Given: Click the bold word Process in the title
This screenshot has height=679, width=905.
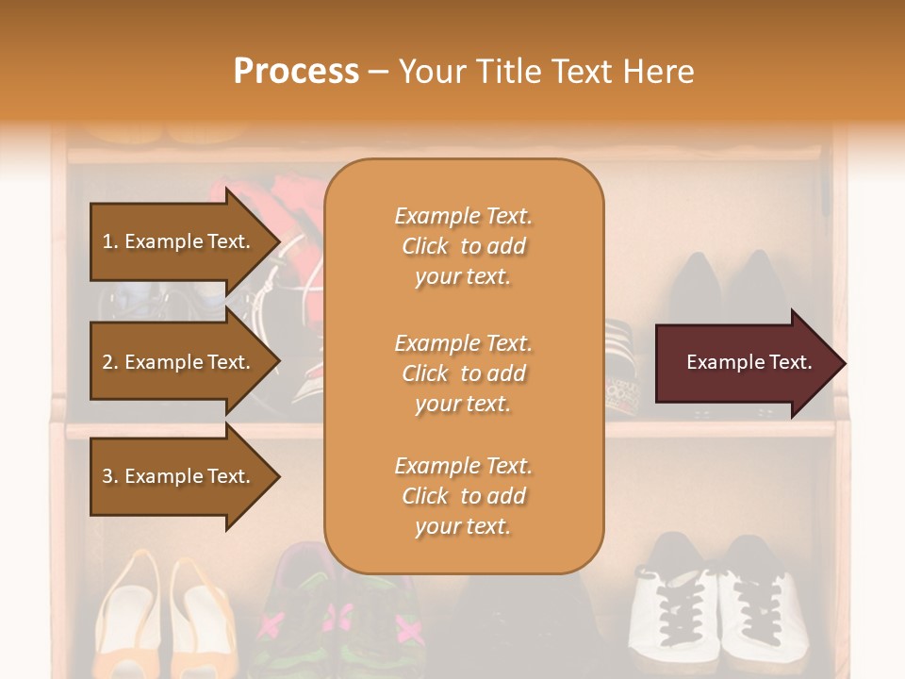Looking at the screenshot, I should (296, 72).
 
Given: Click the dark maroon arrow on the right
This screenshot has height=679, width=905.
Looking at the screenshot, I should (745, 363).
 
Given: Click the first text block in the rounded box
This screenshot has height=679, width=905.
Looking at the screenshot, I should (463, 246).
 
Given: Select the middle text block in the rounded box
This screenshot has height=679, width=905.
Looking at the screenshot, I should (463, 373).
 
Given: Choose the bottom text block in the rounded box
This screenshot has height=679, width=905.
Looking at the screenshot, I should (463, 496).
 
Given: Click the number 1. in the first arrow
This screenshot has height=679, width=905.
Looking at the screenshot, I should (109, 241).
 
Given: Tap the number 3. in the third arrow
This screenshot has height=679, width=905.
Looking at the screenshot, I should (109, 476).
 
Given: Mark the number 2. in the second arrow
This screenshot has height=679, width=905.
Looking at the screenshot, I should (109, 362).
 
